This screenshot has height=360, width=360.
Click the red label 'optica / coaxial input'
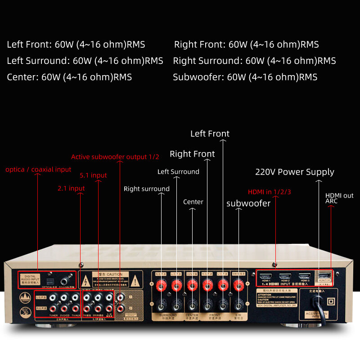click(x=38, y=170)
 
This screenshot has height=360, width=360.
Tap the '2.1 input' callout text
click(x=71, y=188)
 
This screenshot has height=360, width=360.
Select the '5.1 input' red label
click(x=93, y=175)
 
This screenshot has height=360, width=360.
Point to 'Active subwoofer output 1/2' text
click(x=115, y=157)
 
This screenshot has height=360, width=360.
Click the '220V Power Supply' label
click(x=295, y=172)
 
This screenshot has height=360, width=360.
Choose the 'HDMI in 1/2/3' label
click(x=270, y=192)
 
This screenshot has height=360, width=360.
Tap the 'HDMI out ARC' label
click(x=339, y=198)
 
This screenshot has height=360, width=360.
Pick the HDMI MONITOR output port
click(x=324, y=275)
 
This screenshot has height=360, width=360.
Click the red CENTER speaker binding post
click(x=192, y=284)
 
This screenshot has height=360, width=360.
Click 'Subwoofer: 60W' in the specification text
click(x=245, y=77)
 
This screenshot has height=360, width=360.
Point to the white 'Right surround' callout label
click(x=147, y=189)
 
